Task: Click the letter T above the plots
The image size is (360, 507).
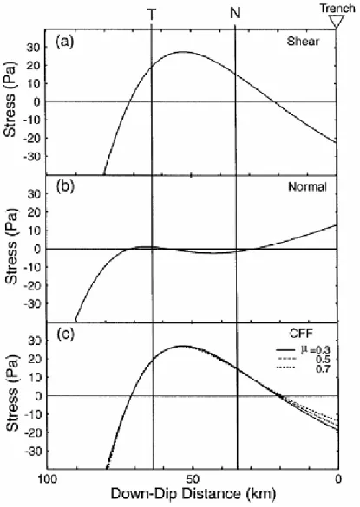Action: pyautogui.click(x=152, y=14)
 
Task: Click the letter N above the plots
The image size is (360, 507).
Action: pyautogui.click(x=235, y=13)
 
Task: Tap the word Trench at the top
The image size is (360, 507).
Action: pyautogui.click(x=337, y=8)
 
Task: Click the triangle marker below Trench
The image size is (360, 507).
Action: pyautogui.click(x=337, y=22)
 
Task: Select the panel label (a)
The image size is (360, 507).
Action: pyautogui.click(x=65, y=42)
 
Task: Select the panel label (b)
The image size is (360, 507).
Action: pyautogui.click(x=65, y=187)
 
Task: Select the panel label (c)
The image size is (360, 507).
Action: pyautogui.click(x=65, y=334)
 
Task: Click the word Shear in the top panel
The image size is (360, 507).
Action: pyautogui.click(x=303, y=41)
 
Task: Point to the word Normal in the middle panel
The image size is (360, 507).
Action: pyautogui.click(x=307, y=186)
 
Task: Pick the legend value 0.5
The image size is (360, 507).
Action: pyautogui.click(x=323, y=359)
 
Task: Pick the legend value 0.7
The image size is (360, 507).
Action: pyautogui.click(x=323, y=368)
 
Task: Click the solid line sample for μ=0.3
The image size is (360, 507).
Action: pyautogui.click(x=285, y=350)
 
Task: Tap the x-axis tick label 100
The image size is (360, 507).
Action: pyautogui.click(x=47, y=478)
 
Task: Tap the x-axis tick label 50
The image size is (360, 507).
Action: pyautogui.click(x=193, y=478)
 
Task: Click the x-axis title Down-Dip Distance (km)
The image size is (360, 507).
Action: pyautogui.click(x=193, y=494)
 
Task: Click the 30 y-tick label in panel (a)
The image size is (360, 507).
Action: pyautogui.click(x=32, y=48)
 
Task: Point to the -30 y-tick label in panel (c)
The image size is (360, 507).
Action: pyautogui.click(x=30, y=451)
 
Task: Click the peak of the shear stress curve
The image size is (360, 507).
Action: pyautogui.click(x=182, y=52)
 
